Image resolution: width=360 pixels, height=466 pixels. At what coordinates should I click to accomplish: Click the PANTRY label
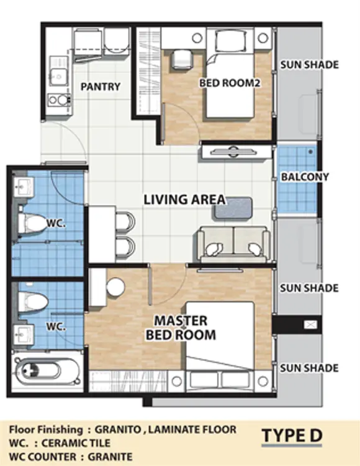tap(101, 86)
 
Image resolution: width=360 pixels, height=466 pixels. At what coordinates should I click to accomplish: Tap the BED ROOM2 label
tap(230, 83)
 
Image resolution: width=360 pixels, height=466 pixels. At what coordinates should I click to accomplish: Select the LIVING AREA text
tap(184, 199)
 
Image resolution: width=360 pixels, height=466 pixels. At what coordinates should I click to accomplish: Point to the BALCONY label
tap(305, 177)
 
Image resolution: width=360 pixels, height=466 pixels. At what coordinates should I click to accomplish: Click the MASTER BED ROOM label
tap(181, 328)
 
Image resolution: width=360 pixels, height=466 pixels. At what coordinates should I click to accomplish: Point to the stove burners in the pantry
tap(59, 100)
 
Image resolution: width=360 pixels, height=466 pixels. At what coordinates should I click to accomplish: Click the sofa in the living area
tap(233, 244)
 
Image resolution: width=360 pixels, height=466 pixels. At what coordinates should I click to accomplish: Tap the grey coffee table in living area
tap(233, 208)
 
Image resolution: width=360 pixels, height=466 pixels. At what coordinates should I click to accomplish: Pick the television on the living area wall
tap(232, 152)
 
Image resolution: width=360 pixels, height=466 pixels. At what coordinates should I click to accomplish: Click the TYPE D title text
tap(292, 436)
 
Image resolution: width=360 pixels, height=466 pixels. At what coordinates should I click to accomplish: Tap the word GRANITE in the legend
tap(110, 456)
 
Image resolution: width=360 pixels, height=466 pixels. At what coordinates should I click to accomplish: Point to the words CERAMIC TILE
tap(76, 443)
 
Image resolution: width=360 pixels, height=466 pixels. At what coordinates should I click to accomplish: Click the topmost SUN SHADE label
tap(310, 65)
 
